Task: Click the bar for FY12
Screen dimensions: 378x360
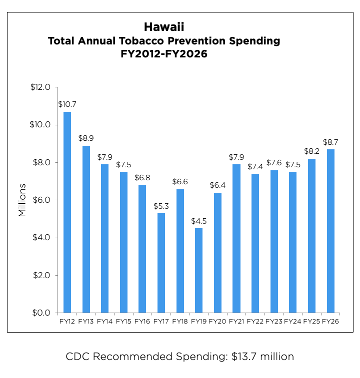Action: [x=67, y=212]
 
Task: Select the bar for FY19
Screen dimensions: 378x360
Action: [x=199, y=270]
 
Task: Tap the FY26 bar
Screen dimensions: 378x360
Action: [x=330, y=231]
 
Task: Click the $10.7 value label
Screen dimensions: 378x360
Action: [x=67, y=104]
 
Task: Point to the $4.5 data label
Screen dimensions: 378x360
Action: [x=199, y=221]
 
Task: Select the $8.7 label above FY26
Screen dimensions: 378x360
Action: [x=330, y=142]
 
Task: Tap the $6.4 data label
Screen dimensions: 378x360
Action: [x=217, y=185]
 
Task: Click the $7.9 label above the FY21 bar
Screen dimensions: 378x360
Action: [x=236, y=157]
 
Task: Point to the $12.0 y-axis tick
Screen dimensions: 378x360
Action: [x=40, y=87]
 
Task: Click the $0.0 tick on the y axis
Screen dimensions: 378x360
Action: [x=42, y=313]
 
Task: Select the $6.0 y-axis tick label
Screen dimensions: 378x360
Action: [x=42, y=200]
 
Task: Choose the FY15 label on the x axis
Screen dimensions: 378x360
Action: [x=123, y=321]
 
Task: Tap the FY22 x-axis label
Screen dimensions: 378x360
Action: [x=255, y=321]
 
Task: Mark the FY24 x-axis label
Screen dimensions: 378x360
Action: [x=293, y=321]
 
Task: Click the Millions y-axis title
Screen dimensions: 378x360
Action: [x=22, y=200]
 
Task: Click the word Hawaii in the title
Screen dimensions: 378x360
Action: [x=164, y=26]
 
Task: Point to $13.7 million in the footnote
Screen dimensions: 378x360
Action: [x=262, y=357]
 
